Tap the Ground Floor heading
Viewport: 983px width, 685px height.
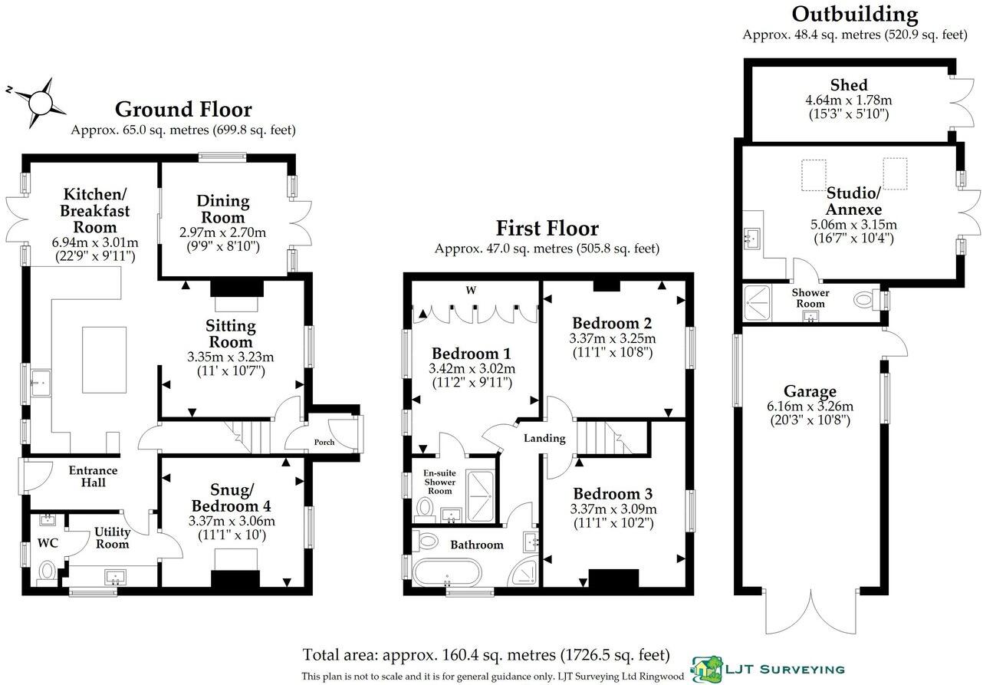point(183,110)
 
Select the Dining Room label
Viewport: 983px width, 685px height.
point(223,208)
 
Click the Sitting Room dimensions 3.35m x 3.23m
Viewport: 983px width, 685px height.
point(231,357)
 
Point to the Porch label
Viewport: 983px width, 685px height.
point(324,442)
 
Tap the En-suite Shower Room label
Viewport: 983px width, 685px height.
point(440,482)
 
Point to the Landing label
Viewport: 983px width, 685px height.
point(544,439)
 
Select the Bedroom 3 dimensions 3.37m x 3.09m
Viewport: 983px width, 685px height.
point(613,509)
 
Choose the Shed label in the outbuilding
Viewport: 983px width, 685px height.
point(849,85)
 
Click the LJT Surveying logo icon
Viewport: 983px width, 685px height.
point(706,669)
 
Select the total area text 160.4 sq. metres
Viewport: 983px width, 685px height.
point(486,656)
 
